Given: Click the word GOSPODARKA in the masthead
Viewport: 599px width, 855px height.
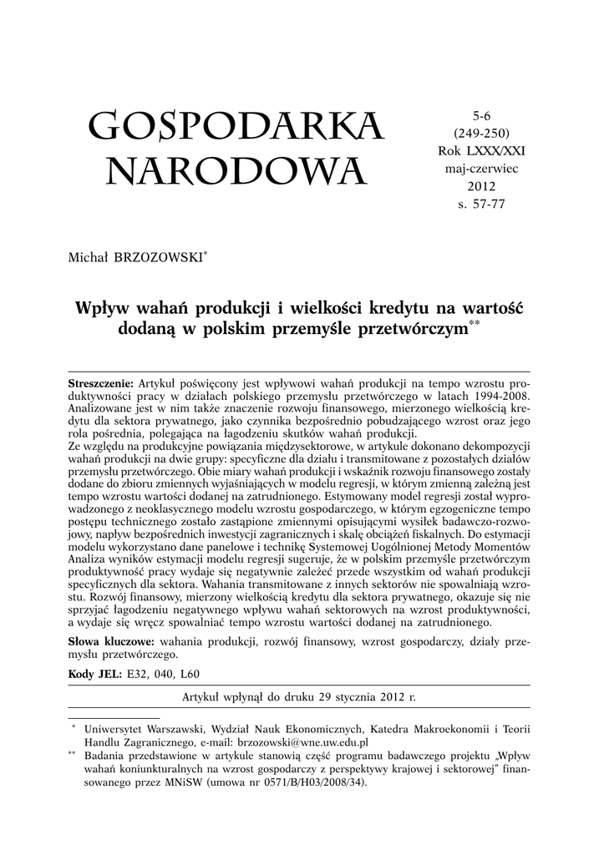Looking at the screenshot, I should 236,127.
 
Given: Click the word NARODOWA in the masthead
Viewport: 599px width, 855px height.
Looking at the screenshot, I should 236,173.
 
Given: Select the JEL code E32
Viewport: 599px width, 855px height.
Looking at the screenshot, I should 137,674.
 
